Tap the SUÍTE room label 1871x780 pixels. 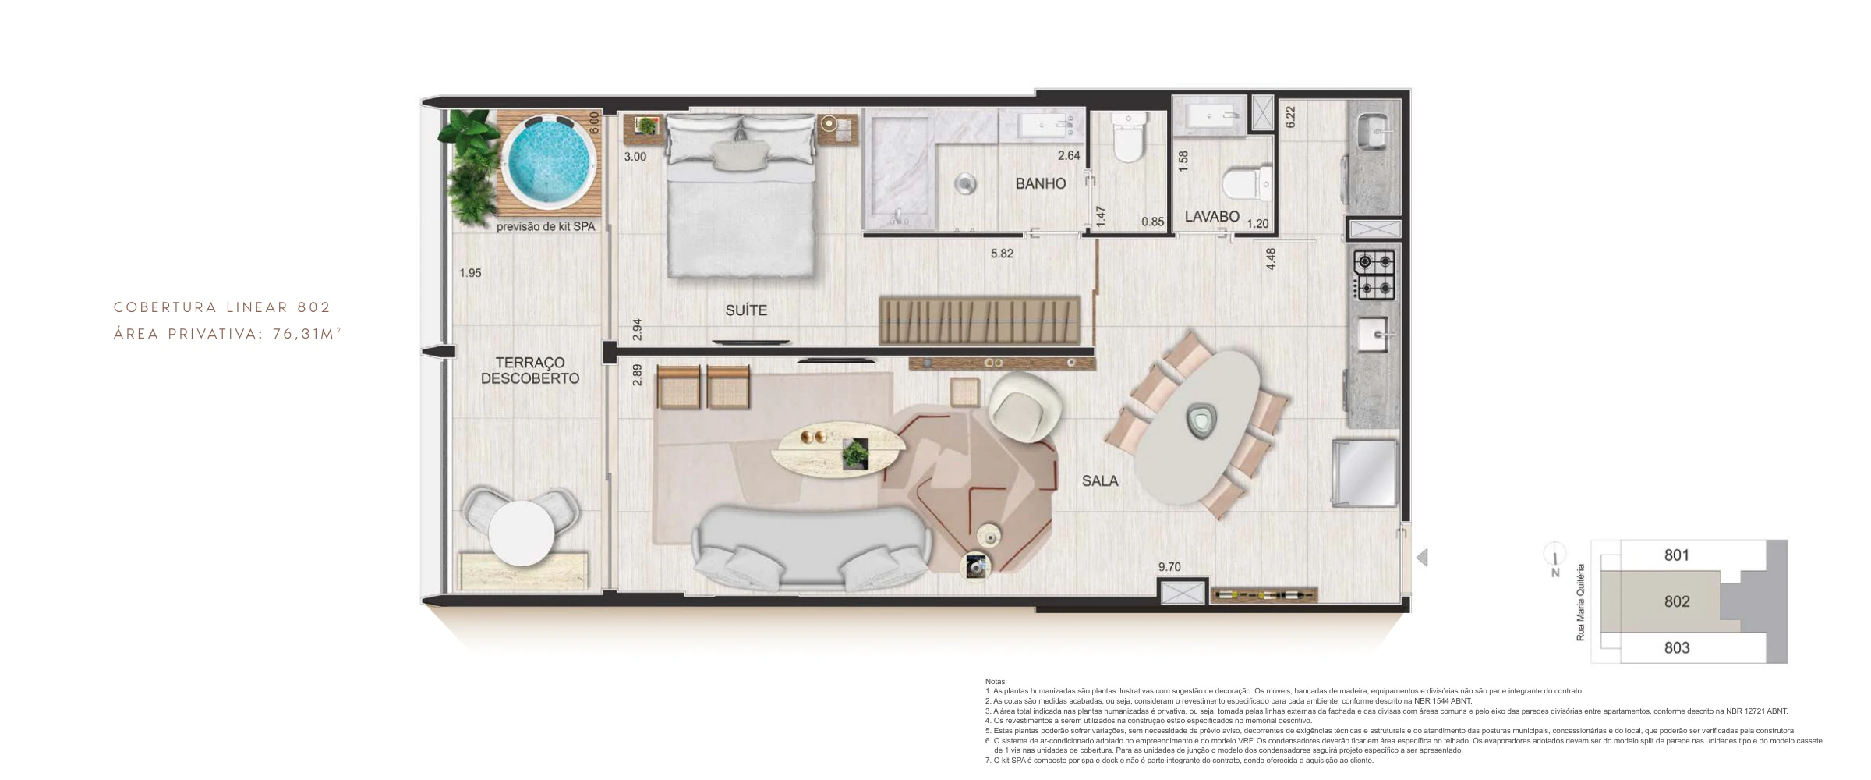click(746, 310)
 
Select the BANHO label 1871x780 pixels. click(1040, 184)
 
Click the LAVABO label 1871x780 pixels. click(1211, 216)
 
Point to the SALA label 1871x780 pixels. click(1100, 481)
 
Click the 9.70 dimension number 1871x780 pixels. click(1169, 567)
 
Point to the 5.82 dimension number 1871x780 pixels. click(1002, 253)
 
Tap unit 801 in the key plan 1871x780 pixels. click(1677, 555)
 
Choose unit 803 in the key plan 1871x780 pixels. click(1677, 648)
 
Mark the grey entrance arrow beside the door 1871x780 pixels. click(1422, 558)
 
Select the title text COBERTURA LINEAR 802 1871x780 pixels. click(223, 307)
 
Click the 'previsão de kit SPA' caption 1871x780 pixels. click(546, 227)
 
